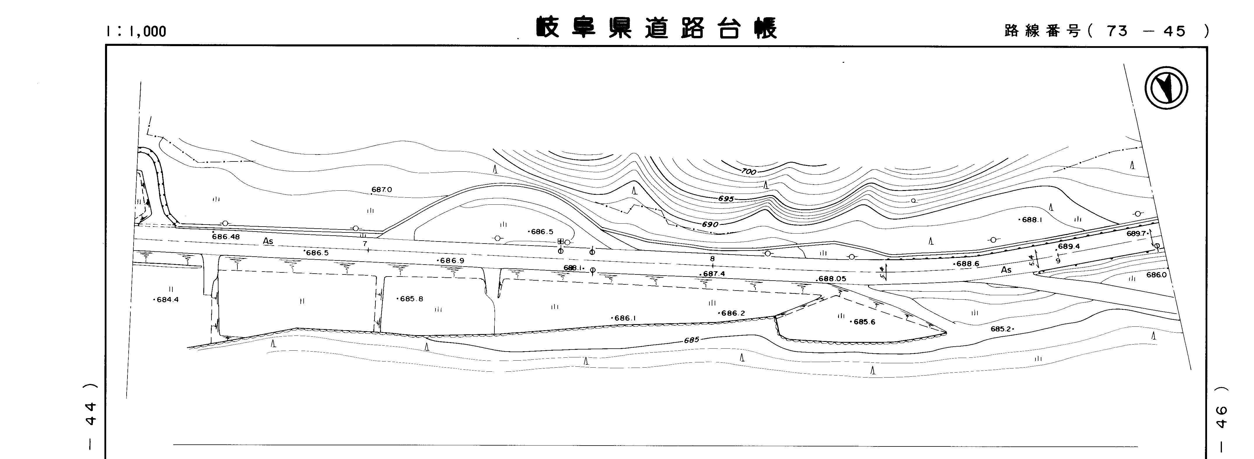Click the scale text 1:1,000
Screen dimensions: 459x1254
(x=136, y=32)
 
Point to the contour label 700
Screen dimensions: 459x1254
(x=749, y=171)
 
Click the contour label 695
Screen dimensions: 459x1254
(x=725, y=199)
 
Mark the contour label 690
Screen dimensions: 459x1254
(x=710, y=225)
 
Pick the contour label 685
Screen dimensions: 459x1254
(x=691, y=340)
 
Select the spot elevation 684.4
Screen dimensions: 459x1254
(x=167, y=300)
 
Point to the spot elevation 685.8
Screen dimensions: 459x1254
(x=411, y=299)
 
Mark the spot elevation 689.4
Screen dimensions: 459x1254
(x=1068, y=246)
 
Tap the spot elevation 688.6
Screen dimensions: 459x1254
(x=967, y=264)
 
